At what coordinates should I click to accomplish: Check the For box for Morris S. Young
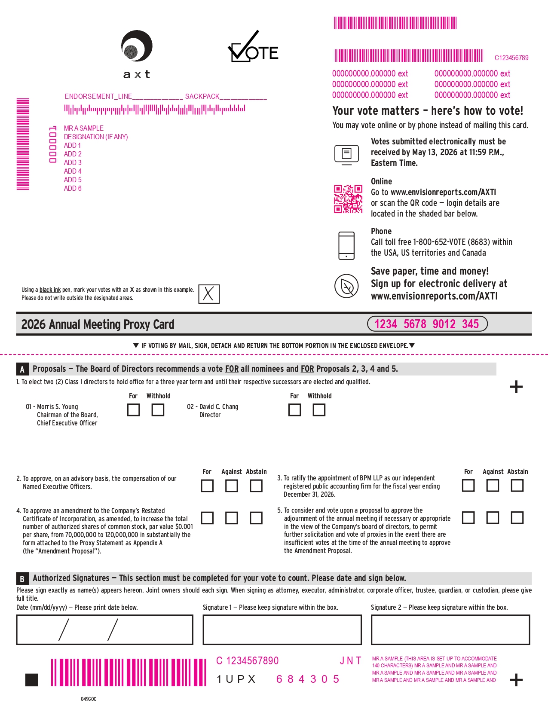click(x=133, y=410)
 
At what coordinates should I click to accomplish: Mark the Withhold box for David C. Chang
click(x=319, y=410)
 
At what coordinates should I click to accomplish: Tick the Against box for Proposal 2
click(x=231, y=486)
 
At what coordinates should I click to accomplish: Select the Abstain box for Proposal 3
click(x=517, y=486)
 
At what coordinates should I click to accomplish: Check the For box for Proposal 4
click(x=207, y=518)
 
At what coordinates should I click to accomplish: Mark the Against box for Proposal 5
click(x=493, y=518)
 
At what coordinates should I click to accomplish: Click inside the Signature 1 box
click(x=282, y=630)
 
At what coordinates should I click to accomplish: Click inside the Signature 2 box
click(x=450, y=630)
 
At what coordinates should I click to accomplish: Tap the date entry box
click(x=104, y=630)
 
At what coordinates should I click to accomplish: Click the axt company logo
click(x=137, y=54)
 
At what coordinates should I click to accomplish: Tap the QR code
click(x=348, y=199)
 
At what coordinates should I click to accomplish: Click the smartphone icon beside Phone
click(x=346, y=246)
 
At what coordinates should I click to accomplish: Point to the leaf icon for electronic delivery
click(x=346, y=286)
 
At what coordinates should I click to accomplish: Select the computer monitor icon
click(x=346, y=155)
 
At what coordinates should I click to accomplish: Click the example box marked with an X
click(x=209, y=294)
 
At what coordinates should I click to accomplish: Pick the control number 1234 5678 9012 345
click(x=427, y=324)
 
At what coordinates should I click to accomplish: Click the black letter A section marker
click(x=22, y=369)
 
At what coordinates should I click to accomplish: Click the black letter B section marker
click(x=22, y=578)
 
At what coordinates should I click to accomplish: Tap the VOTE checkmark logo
click(x=253, y=46)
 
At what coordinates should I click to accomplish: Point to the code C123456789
click(x=511, y=58)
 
